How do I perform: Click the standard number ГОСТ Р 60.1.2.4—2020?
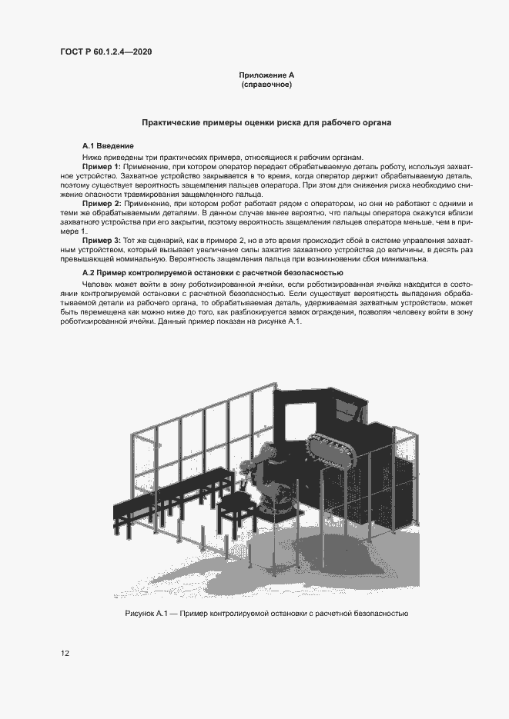pos(105,52)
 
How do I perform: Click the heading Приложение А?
pos(266,75)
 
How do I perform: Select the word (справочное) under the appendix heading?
pos(266,85)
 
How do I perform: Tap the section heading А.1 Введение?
pos(109,145)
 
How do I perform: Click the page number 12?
pos(65,654)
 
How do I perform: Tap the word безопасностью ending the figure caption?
pos(378,614)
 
